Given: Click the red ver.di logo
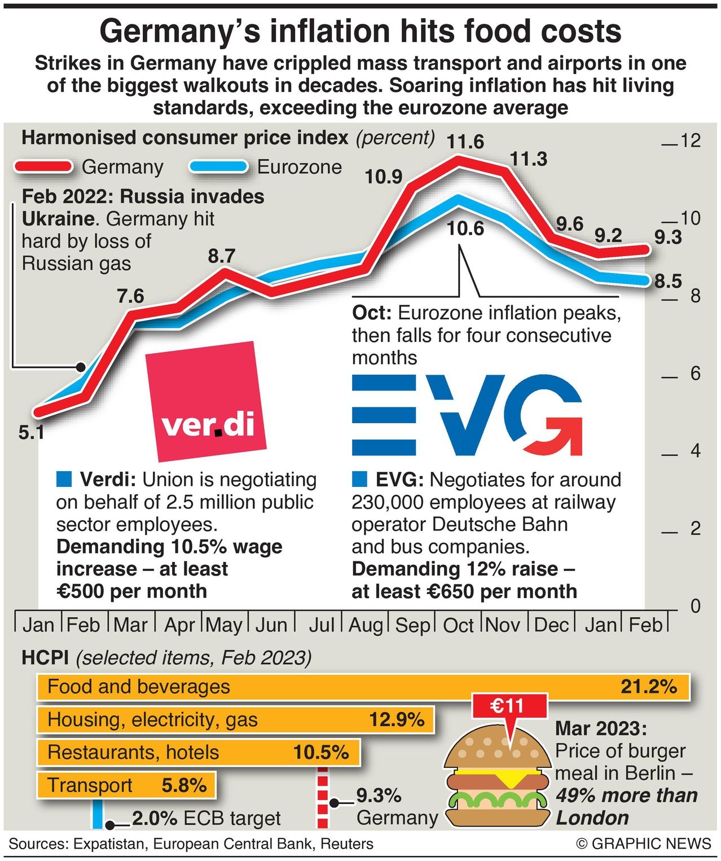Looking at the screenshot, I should pyautogui.click(x=205, y=402).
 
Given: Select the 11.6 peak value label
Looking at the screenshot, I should pyautogui.click(x=465, y=142).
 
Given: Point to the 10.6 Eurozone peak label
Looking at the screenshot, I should pyautogui.click(x=465, y=229).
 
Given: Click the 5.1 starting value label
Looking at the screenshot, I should pyautogui.click(x=31, y=433).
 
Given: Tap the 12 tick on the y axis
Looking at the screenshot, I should pyautogui.click(x=690, y=140).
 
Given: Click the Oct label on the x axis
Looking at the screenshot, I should pyautogui.click(x=458, y=625).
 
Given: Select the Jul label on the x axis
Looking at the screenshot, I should pyautogui.click(x=322, y=625).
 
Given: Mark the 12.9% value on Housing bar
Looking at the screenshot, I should pyautogui.click(x=397, y=719).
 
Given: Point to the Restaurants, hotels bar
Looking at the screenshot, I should pyautogui.click(x=198, y=752).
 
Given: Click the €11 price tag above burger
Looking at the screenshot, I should pyautogui.click(x=507, y=706).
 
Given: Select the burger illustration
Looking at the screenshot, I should pyautogui.click(x=496, y=779).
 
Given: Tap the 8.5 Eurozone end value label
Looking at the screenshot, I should pyautogui.click(x=668, y=281).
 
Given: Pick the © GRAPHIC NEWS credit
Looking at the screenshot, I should pyautogui.click(x=643, y=844).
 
